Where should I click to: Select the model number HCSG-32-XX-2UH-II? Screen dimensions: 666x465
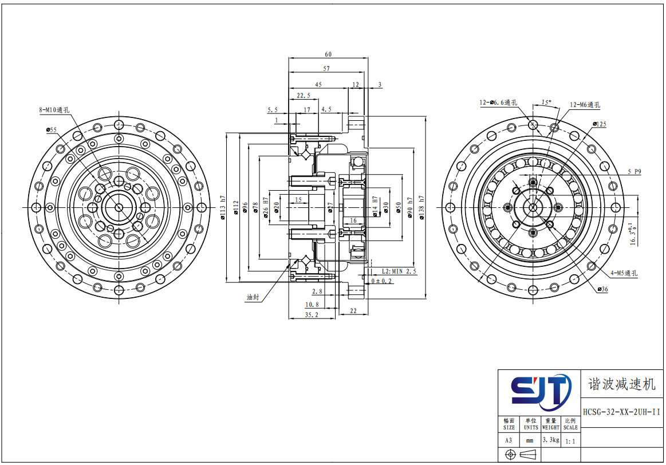pos(621,412)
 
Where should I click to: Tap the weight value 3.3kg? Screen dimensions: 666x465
pos(550,440)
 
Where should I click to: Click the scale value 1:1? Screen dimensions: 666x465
pos(570,442)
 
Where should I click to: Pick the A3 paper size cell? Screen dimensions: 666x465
pos(509,440)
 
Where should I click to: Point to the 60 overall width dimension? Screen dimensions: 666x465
pos(328,54)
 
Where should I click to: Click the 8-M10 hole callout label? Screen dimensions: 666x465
pos(54,110)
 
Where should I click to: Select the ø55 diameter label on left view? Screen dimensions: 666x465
pos(52,129)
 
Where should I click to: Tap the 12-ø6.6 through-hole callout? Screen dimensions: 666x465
pos(498,103)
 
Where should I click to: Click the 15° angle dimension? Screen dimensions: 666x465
pos(546,103)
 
